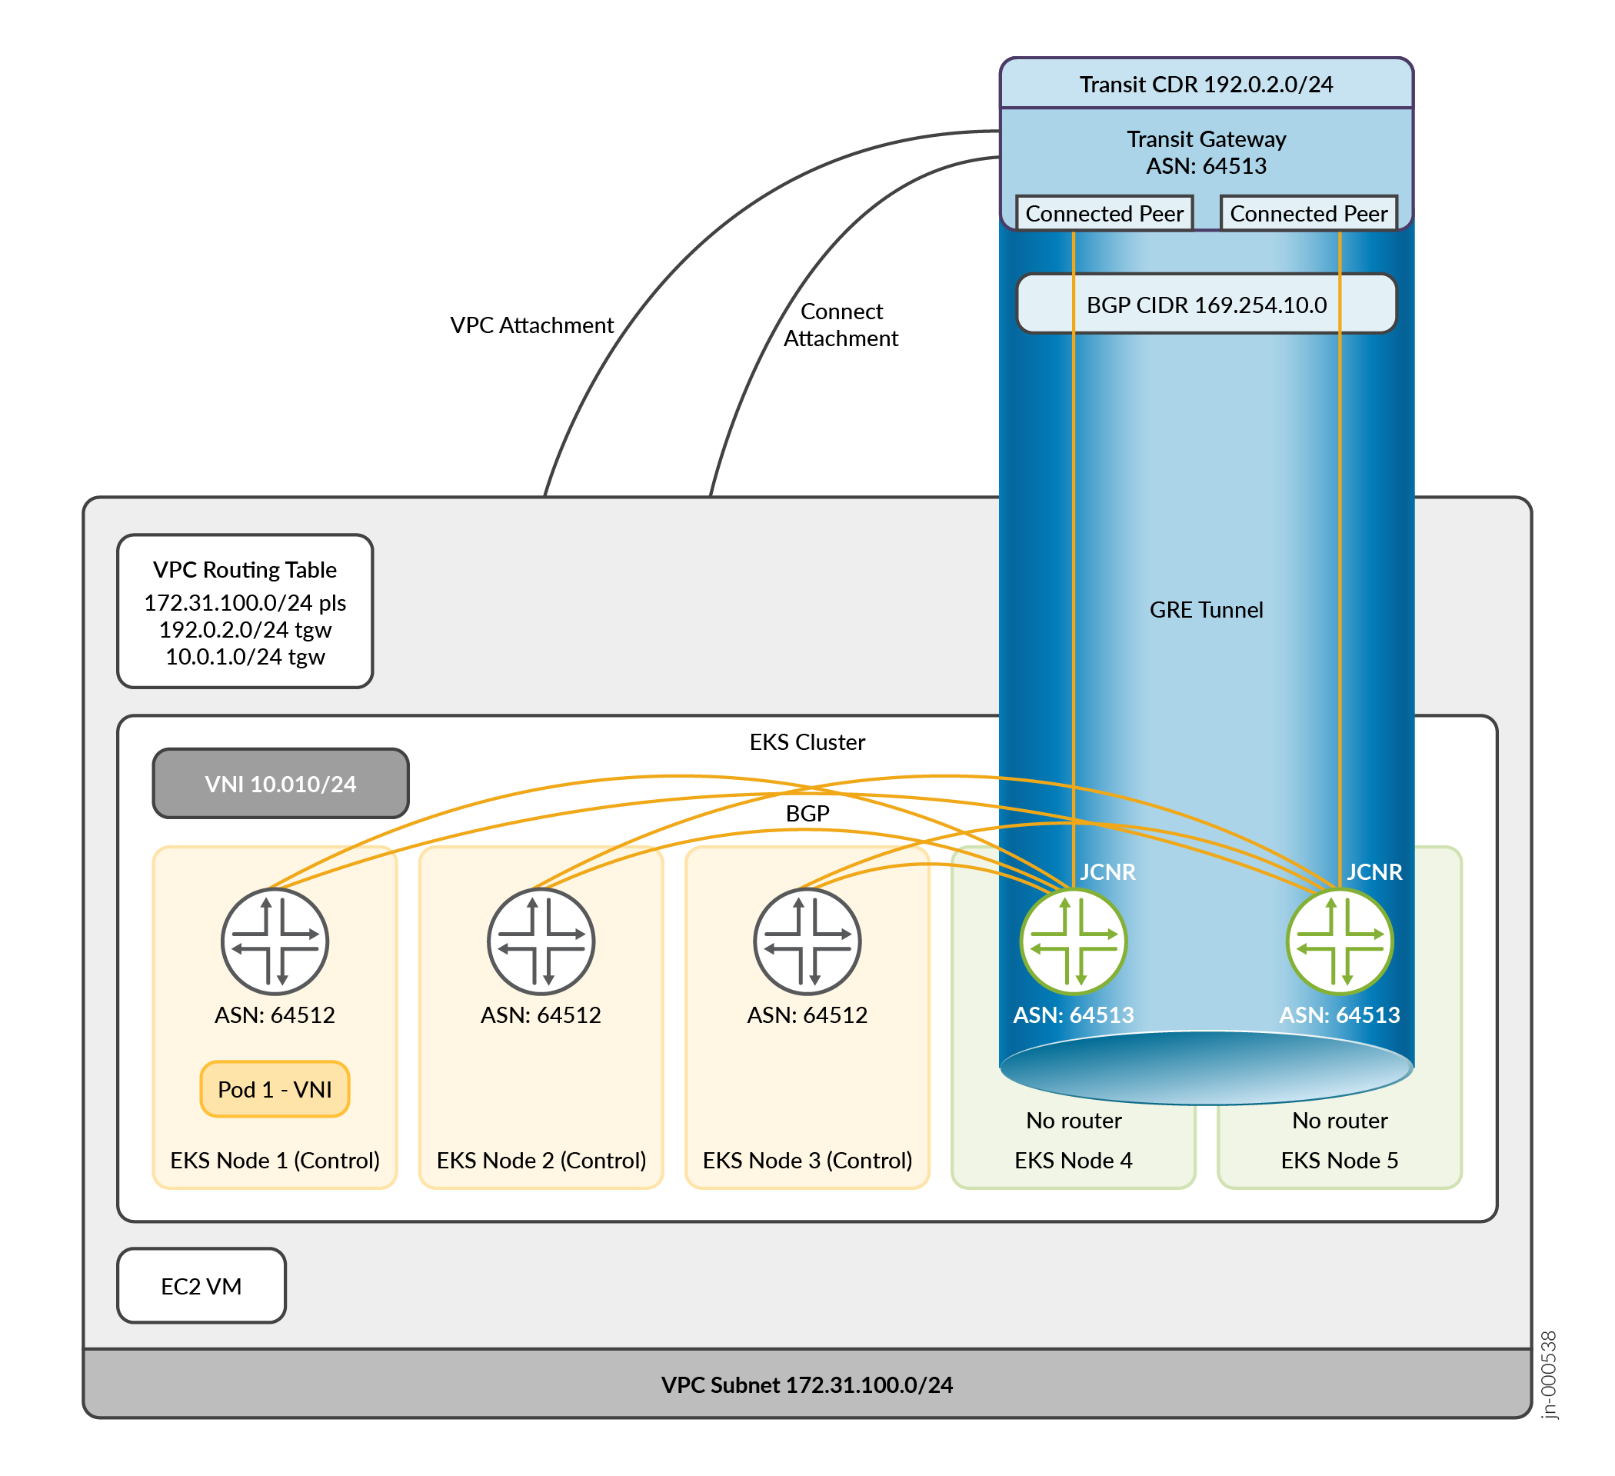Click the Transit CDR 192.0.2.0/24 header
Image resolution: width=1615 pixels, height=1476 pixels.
click(1206, 84)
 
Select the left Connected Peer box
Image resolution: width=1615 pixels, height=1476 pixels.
click(1104, 214)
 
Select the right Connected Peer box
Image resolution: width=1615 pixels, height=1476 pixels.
click(1308, 214)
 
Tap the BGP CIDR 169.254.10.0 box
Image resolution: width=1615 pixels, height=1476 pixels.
click(1206, 305)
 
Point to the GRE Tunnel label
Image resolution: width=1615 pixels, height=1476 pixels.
click(1206, 610)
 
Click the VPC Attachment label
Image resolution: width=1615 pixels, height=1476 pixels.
click(532, 325)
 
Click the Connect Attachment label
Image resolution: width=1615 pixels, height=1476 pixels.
click(841, 325)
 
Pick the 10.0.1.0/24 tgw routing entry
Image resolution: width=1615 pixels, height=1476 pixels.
click(245, 657)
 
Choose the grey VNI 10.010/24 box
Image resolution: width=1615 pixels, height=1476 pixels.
click(281, 784)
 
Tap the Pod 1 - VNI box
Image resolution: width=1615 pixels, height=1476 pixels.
click(275, 1089)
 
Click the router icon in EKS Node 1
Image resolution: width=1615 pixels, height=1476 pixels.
click(275, 941)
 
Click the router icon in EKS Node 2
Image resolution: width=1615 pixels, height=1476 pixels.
click(541, 941)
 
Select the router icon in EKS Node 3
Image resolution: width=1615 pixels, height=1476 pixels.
click(807, 941)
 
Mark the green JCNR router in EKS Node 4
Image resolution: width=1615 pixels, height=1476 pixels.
click(1073, 941)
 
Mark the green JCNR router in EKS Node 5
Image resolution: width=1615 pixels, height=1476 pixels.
click(1340, 941)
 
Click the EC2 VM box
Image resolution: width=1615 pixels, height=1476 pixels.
click(201, 1286)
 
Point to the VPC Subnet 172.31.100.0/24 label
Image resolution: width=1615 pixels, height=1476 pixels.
click(807, 1384)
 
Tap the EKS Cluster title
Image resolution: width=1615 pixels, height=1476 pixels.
click(807, 742)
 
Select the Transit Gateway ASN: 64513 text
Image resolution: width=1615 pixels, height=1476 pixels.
click(1206, 152)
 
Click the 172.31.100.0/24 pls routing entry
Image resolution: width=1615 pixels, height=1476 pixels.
click(245, 602)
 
